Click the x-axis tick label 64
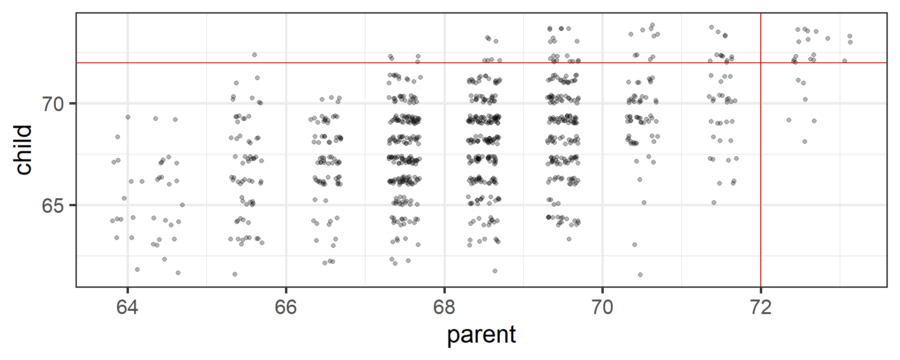click(127, 307)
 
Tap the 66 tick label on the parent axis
click(285, 307)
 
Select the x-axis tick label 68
click(444, 307)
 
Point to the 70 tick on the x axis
click(602, 307)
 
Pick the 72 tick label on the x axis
click(760, 307)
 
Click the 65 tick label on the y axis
click(52, 205)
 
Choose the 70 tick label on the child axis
click(52, 104)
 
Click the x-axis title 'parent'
click(481, 335)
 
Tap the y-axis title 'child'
click(23, 150)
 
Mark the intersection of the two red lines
click(761, 63)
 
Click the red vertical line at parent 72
click(761, 187)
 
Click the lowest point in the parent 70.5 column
click(640, 275)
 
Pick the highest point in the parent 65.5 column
click(255, 55)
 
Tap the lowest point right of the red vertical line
click(805, 142)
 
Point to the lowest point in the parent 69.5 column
click(569, 239)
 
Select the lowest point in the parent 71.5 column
click(714, 202)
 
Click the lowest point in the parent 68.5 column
click(495, 271)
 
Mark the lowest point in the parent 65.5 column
click(235, 274)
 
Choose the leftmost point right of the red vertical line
click(789, 120)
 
